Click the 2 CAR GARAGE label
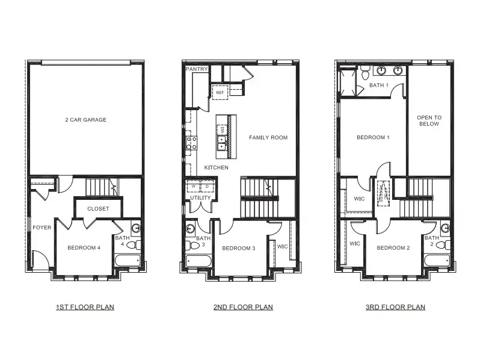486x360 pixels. (85, 120)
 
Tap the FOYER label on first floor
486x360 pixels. (42, 228)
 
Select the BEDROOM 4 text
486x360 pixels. (84, 248)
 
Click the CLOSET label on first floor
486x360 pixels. (98, 209)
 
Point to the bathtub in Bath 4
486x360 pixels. (128, 261)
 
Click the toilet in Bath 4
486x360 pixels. (133, 245)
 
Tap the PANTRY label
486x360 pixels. (197, 69)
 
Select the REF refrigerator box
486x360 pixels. (220, 93)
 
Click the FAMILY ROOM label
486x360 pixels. (268, 138)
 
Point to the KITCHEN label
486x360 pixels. (216, 167)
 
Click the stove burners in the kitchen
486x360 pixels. (192, 143)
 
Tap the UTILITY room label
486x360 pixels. (200, 197)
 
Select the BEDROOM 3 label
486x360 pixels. (239, 248)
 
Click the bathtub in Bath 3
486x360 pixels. (198, 261)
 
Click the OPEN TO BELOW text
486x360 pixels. (429, 121)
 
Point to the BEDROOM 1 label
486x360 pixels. (373, 138)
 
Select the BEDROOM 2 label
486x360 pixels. (393, 248)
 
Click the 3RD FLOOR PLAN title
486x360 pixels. (395, 307)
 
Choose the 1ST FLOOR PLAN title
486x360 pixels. (85, 307)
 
